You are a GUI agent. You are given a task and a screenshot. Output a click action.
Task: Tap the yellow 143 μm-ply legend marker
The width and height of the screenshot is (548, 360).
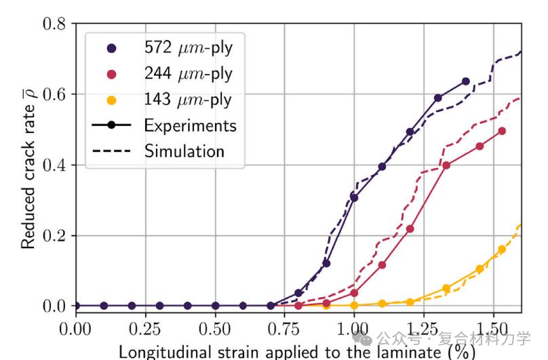(x=112, y=100)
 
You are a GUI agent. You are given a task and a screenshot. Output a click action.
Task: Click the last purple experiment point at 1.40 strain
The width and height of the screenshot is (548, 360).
(x=465, y=81)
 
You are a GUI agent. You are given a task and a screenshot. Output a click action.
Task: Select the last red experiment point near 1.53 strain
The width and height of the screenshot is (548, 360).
(x=502, y=131)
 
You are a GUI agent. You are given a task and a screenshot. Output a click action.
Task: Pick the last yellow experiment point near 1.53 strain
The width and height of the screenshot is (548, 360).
(x=502, y=249)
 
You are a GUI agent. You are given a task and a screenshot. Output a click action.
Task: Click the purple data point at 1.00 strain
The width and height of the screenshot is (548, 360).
(x=354, y=197)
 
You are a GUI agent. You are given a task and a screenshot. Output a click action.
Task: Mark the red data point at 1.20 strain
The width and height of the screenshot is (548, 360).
(x=410, y=229)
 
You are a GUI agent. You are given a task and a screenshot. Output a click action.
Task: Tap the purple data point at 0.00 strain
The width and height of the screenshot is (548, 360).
(x=76, y=306)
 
